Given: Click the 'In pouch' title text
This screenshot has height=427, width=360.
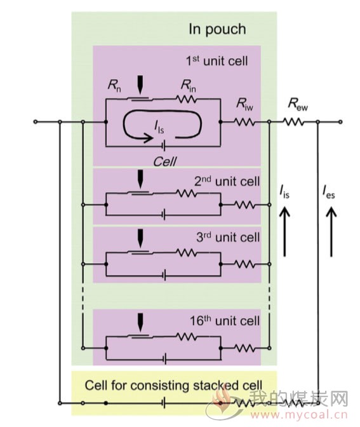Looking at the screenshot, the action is pos(217,29).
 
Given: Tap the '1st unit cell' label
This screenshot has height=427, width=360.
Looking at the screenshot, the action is pos(217,61).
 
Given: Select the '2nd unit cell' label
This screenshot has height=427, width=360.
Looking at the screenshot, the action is pos(227,181).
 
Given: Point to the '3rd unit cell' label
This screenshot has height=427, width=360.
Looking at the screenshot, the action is pos(228,237).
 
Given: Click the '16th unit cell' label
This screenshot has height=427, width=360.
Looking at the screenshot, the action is pos(225,321).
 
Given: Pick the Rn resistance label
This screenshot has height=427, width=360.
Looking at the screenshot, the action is pos(114,86).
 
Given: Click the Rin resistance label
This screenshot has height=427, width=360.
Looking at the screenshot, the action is pos(189,86).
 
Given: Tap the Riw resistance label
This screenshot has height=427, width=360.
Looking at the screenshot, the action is pos(244,104).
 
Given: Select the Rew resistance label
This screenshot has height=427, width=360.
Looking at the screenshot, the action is pos(298,104).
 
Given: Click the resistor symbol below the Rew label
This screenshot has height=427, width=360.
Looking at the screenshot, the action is pos(294,122).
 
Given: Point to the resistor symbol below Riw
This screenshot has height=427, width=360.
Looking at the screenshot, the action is pos(245,122).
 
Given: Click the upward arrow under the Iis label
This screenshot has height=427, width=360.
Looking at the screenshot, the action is pos(284,231).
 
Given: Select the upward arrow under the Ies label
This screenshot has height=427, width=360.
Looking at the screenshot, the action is pos(331,231).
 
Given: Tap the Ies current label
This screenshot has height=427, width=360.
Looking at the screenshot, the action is pos(329,192).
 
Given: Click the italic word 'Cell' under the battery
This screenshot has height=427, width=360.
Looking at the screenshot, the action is pos(165,162).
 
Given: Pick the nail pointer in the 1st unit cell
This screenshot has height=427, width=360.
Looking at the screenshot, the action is pos(140,85).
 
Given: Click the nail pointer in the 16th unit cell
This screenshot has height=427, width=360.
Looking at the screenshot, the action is pos(140,323).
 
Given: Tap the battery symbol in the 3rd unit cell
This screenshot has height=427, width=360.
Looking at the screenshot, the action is pos(164,275).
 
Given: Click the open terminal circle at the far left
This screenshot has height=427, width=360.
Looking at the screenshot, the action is pos(36,122).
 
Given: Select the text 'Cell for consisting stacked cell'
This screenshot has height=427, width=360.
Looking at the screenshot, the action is pos(173,386).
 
